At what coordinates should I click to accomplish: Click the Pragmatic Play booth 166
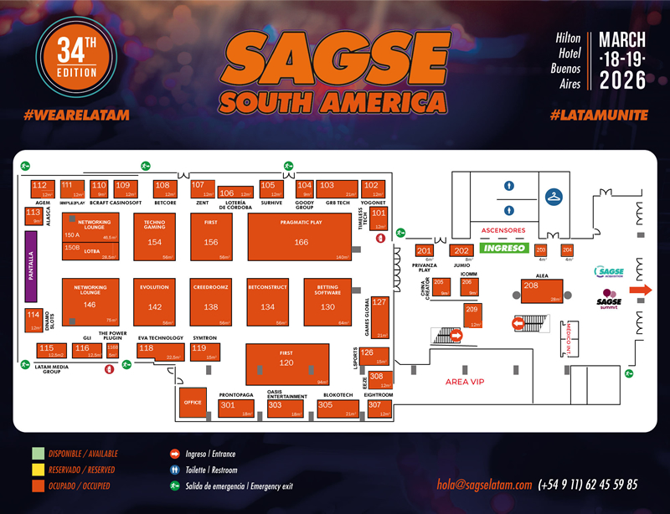coord(301,236)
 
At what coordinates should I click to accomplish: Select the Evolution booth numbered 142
coord(155,301)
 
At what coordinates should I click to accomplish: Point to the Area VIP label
coord(465,382)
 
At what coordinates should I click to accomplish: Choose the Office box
coord(192,402)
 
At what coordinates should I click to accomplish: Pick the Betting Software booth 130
coord(327,301)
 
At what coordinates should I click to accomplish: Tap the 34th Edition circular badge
coord(76,65)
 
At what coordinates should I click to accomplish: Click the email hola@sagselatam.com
coord(484,485)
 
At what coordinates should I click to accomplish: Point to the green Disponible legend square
coord(37,454)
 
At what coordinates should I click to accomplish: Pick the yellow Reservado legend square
coord(37,470)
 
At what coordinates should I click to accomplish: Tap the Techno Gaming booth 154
coord(155,236)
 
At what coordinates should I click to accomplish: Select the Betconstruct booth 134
coord(267,301)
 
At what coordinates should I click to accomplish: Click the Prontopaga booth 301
coord(237,408)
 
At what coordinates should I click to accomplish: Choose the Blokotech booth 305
coord(338,408)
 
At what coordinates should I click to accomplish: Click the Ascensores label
coord(502,230)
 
